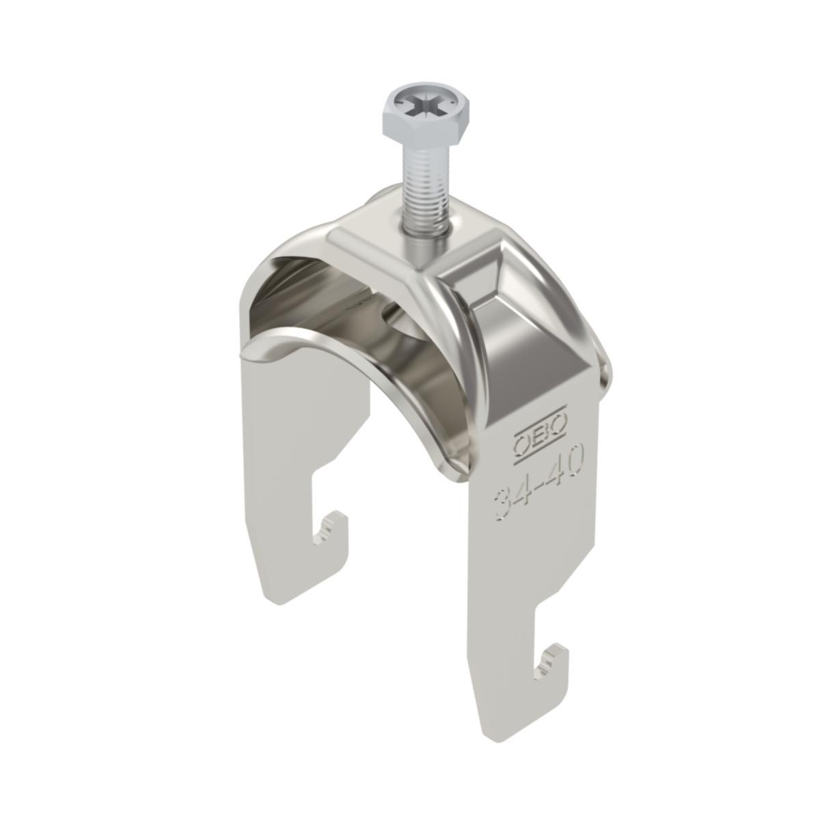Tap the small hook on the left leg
334,529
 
